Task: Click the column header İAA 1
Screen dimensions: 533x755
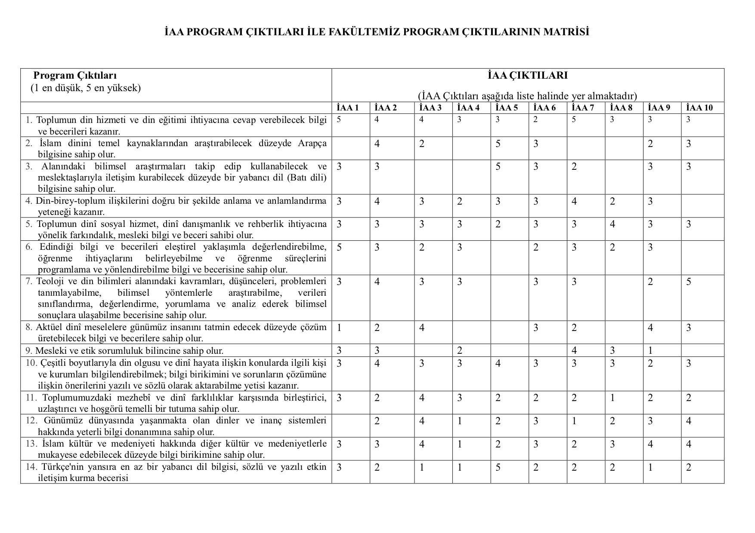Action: click(x=347, y=108)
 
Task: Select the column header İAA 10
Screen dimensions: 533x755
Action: click(x=699, y=108)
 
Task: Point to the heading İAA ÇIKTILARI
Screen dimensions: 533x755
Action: click(x=527, y=76)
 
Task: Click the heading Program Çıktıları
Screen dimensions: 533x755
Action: click(x=75, y=76)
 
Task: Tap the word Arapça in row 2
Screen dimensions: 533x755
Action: click(x=312, y=143)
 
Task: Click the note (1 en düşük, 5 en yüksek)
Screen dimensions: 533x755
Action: click(x=86, y=88)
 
